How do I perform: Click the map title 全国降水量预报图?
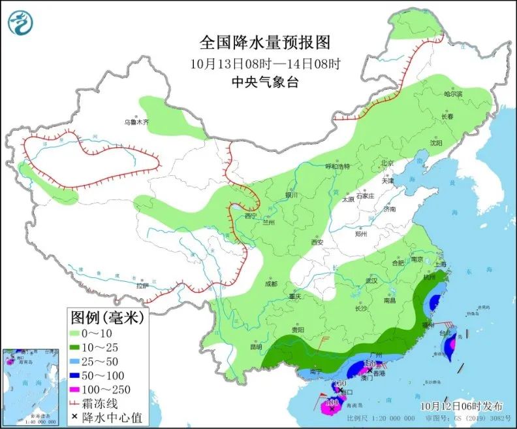(265, 43)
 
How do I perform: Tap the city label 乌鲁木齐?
(137, 122)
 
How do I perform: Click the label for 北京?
(388, 163)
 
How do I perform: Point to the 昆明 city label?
(255, 347)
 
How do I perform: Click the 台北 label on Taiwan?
(446, 333)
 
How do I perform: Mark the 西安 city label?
(317, 242)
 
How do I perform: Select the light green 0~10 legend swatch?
(82, 334)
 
